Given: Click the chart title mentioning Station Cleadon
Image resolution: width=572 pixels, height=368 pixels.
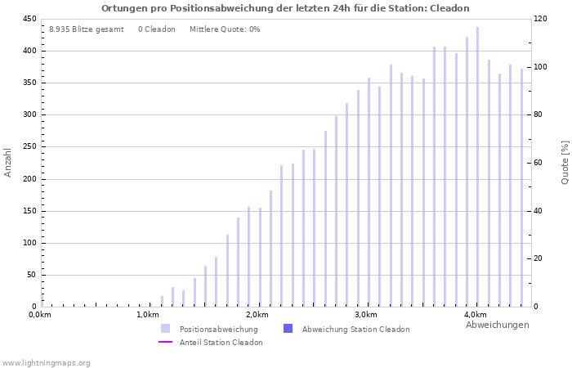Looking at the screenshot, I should (285, 8).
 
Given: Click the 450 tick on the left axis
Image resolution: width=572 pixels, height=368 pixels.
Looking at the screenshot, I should (29, 19).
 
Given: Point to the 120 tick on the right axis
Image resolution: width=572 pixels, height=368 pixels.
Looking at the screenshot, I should (541, 19).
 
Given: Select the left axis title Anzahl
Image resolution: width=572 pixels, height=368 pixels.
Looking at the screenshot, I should (8, 162).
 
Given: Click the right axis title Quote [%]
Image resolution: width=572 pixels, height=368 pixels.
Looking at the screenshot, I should (565, 162).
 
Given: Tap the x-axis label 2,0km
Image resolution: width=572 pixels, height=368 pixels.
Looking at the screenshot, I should (257, 315).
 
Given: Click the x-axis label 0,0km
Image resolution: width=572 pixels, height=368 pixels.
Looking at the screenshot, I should (40, 315).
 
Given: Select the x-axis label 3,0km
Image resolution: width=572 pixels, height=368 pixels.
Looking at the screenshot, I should (366, 315).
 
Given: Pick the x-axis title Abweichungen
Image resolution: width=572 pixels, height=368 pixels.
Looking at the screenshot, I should (497, 325).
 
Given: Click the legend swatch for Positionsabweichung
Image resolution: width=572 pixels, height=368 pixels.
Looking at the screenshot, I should (166, 329).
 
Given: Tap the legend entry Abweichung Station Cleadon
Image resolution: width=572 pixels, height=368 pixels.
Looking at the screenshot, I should (355, 329).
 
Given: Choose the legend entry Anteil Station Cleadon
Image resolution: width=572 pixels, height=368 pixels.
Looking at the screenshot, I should (221, 343).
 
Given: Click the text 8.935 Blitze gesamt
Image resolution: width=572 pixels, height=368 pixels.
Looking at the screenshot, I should (87, 29).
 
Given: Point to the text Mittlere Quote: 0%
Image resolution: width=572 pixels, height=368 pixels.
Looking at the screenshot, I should (225, 29).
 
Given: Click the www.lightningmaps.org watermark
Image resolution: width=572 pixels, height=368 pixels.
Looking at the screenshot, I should (47, 362).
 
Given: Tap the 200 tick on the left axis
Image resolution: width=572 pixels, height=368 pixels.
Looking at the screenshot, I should (29, 179).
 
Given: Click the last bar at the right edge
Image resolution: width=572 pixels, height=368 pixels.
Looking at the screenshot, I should (521, 187).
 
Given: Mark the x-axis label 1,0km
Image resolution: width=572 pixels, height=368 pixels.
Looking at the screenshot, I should (148, 315).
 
